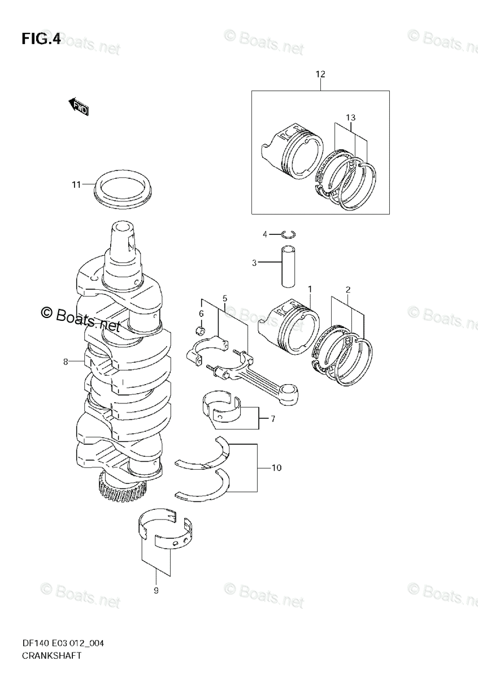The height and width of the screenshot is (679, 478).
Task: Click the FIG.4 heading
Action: pyautogui.click(x=41, y=39)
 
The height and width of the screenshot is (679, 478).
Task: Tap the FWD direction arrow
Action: pyautogui.click(x=79, y=106)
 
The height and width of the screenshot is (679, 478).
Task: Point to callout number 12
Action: pyautogui.click(x=320, y=74)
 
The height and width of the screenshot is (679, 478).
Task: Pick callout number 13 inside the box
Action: pyautogui.click(x=350, y=117)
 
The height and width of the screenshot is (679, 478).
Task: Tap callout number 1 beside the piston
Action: pyautogui.click(x=310, y=289)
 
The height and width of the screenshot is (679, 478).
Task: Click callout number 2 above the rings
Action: pyautogui.click(x=348, y=289)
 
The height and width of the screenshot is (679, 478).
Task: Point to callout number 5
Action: pyautogui.click(x=224, y=298)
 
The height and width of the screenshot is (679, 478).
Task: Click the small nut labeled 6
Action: pyautogui.click(x=199, y=330)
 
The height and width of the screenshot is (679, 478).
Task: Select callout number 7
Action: pyautogui.click(x=272, y=419)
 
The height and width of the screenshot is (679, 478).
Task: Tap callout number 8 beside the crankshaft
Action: pyautogui.click(x=66, y=361)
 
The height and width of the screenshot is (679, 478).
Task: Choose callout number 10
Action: pyautogui.click(x=276, y=468)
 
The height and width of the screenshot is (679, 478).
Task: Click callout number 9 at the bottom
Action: pyautogui.click(x=156, y=591)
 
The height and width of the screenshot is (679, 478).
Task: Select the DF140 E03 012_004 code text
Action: pyautogui.click(x=63, y=643)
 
